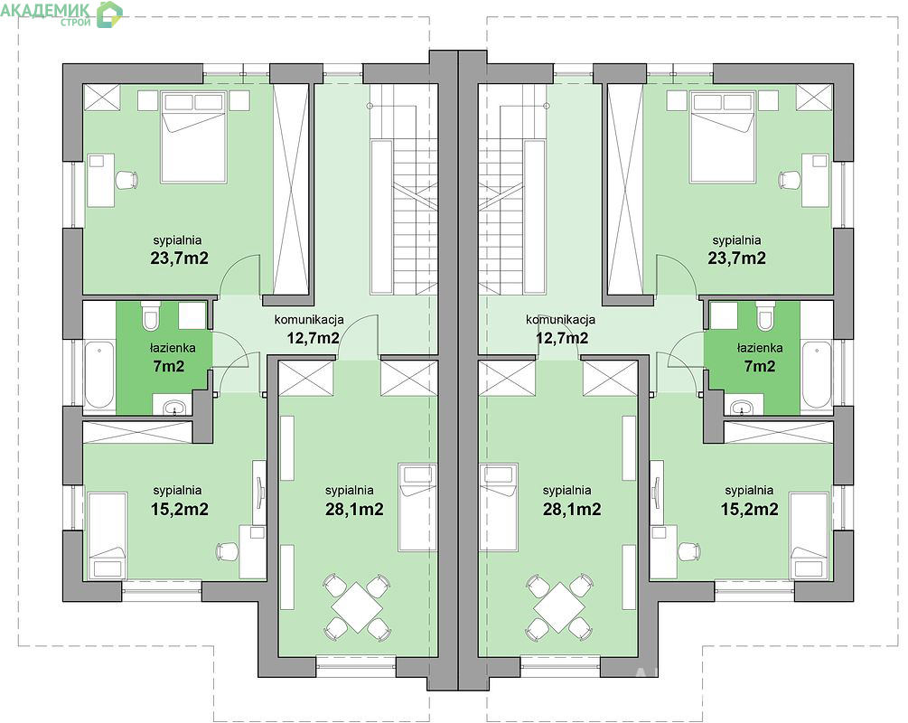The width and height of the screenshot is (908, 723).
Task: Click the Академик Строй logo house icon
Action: point(109,14)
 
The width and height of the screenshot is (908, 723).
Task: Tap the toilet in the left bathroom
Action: point(150,315)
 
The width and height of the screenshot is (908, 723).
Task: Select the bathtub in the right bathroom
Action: point(817,375)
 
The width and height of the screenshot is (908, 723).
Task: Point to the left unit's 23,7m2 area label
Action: point(179,258)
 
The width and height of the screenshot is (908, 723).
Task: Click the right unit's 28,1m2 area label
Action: point(572,509)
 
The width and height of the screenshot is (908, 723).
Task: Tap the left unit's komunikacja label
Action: point(309,319)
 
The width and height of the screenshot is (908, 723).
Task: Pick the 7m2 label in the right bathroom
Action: point(759,366)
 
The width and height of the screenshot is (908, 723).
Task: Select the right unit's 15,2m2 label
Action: point(749,509)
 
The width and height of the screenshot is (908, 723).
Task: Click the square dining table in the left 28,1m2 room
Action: point(357,607)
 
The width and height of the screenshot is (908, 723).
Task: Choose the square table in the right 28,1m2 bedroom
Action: point(558,607)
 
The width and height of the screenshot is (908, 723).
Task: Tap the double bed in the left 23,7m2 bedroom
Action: point(193,137)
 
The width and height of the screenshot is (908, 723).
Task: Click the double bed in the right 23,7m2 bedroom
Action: point(722,137)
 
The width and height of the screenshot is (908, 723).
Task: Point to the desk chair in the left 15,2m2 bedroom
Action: point(227,551)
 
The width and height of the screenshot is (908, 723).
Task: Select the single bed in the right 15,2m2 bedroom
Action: point(810,535)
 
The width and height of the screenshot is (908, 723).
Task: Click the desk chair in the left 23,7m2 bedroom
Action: point(126,180)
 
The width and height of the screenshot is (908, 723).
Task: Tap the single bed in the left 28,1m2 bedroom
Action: point(417,507)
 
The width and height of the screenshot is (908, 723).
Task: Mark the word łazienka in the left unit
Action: point(173,348)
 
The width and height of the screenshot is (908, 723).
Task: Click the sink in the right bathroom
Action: point(741,408)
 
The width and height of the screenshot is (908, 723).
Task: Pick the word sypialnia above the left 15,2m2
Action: point(177,491)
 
